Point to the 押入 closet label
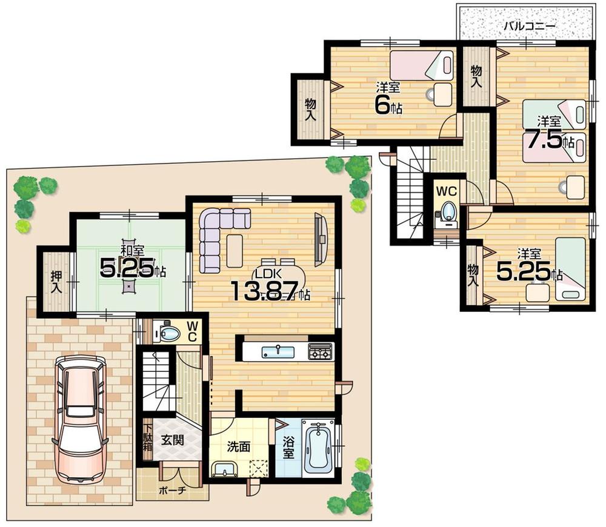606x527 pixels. click(55, 282)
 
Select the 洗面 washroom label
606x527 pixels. click(239, 446)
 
